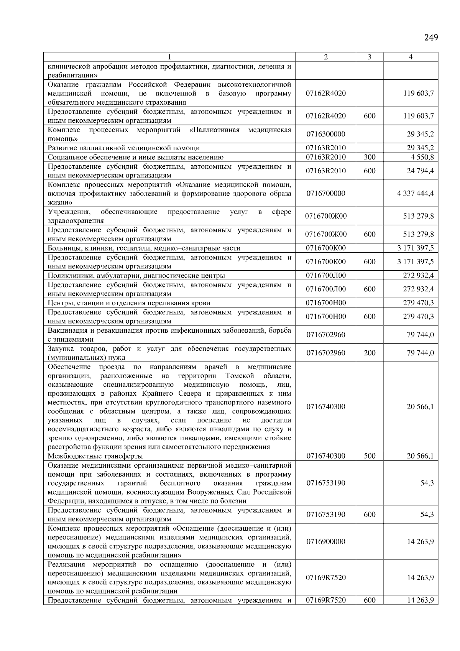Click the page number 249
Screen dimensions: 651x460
coord(431,38)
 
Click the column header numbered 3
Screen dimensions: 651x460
coord(369,57)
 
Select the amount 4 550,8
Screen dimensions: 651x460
coord(422,157)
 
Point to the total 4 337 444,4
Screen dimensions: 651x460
coord(416,194)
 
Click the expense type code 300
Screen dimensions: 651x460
coord(370,157)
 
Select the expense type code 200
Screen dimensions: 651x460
coord(370,353)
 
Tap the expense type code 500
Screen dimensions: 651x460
coord(370,456)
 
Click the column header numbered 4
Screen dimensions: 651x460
coord(411,57)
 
